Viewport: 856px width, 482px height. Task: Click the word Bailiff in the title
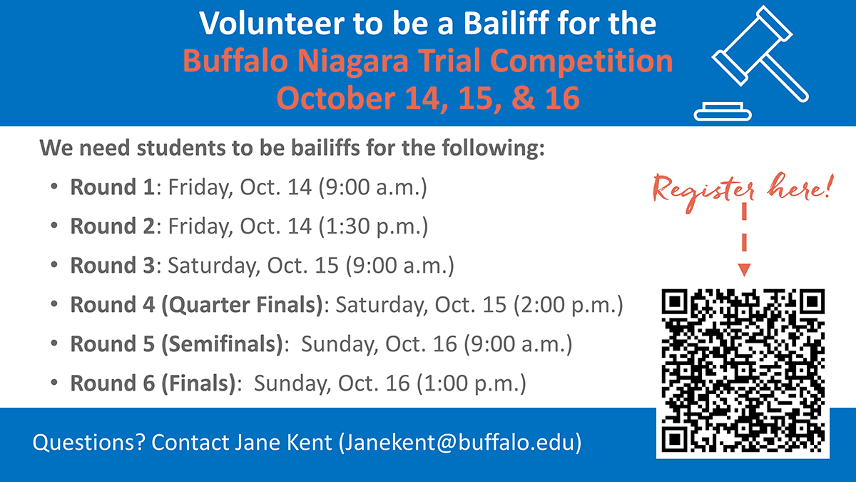pos(506,23)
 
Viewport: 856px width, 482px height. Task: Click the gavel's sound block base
pos(722,111)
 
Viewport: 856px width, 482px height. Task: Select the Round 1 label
pos(113,187)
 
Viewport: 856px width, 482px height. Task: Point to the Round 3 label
pos(113,266)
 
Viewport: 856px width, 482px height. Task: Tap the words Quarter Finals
pos(243,305)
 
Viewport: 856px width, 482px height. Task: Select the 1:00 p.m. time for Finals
pos(472,383)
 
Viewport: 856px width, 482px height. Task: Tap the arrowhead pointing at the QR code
pos(744,270)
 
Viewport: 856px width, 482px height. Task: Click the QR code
pos(743,371)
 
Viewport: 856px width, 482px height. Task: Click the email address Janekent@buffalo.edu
pos(460,443)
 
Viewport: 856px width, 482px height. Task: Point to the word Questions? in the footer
pos(89,443)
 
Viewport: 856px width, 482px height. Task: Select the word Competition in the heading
pos(581,61)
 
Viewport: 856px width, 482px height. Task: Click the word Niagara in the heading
pos(353,62)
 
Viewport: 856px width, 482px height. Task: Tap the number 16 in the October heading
pos(562,99)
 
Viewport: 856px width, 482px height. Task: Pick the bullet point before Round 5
pos(54,343)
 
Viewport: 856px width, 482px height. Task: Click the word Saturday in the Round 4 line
pos(382,305)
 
